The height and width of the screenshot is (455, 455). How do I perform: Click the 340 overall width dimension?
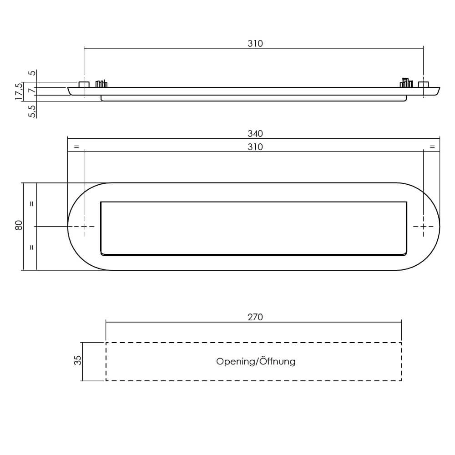255,134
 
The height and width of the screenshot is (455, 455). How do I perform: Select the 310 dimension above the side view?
255,44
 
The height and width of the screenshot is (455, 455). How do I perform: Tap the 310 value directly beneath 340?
255,147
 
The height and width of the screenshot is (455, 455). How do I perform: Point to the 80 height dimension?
19,226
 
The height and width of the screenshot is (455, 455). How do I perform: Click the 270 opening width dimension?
255,317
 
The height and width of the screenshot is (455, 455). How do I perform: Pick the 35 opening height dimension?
78,361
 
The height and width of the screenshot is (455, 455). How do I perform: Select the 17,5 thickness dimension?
19,91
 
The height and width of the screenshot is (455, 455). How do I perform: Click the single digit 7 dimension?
31,91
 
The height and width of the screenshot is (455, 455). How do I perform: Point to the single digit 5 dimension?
31,73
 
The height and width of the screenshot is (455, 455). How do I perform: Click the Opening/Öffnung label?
256,362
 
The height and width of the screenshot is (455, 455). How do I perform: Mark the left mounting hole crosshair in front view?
84,226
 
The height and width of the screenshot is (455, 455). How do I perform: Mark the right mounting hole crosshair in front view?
424,226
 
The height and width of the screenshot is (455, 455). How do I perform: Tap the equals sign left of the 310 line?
76,147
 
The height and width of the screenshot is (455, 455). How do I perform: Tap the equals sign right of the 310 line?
432,147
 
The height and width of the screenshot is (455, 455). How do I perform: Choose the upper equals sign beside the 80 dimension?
31,204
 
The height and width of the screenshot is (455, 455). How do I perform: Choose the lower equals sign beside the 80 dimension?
31,248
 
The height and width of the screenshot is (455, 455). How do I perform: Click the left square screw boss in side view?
84,85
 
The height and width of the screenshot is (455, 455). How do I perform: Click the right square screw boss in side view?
424,85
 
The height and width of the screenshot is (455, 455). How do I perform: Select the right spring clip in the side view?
406,83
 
